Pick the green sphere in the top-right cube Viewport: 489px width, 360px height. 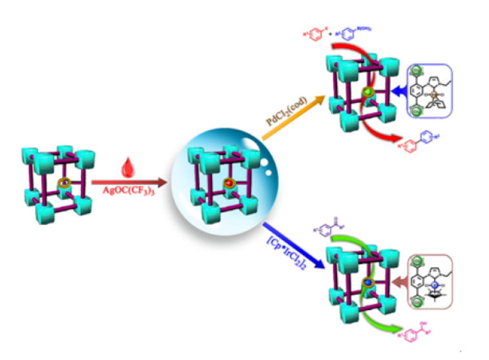click(369, 93)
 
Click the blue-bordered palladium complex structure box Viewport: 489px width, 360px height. click(433, 92)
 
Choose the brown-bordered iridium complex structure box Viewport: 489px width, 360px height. click(433, 283)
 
